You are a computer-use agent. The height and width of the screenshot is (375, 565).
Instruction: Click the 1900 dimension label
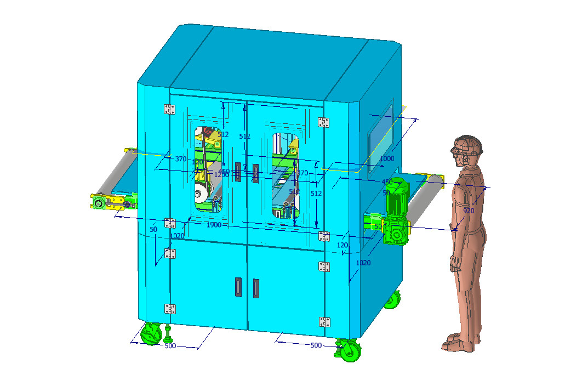tap(214, 225)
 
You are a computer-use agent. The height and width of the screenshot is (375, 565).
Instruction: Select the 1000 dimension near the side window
tap(387, 158)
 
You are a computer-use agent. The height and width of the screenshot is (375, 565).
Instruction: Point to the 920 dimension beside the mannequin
tap(469, 211)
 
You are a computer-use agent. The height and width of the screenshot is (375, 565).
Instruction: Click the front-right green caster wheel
tap(349, 349)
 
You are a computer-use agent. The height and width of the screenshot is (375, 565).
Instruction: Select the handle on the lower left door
tap(238, 287)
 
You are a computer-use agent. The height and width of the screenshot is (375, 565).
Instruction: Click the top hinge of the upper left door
tap(170, 109)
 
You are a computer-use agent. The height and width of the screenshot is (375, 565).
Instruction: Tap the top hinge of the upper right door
tap(324, 122)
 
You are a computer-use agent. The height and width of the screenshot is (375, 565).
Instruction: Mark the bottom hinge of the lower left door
tap(170, 309)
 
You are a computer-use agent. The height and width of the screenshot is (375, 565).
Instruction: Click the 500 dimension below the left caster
tap(170, 346)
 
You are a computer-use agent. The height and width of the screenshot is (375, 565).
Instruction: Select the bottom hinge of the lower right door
tap(324, 321)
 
